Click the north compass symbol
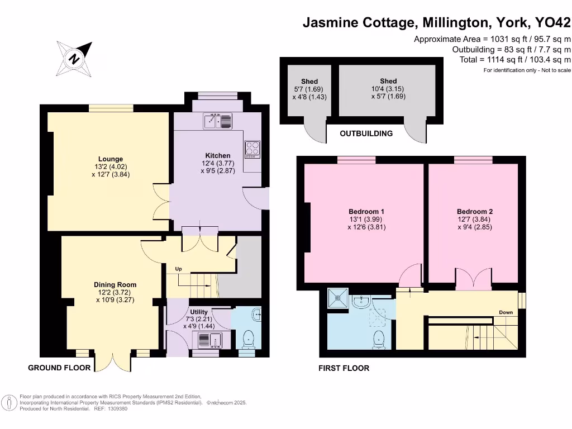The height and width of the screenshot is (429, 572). click(74, 58)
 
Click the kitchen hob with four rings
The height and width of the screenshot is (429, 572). click(252, 149)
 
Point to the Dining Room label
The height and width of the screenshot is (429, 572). click(115, 285)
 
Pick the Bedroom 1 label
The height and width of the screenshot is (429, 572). click(366, 212)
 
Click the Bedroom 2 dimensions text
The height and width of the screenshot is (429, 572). click(474, 223)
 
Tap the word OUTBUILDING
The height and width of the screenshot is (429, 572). click(366, 134)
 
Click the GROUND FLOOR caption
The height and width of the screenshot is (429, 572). click(59, 368)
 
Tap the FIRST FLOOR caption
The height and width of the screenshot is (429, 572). click(344, 368)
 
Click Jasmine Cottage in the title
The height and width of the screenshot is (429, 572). click(357, 23)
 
